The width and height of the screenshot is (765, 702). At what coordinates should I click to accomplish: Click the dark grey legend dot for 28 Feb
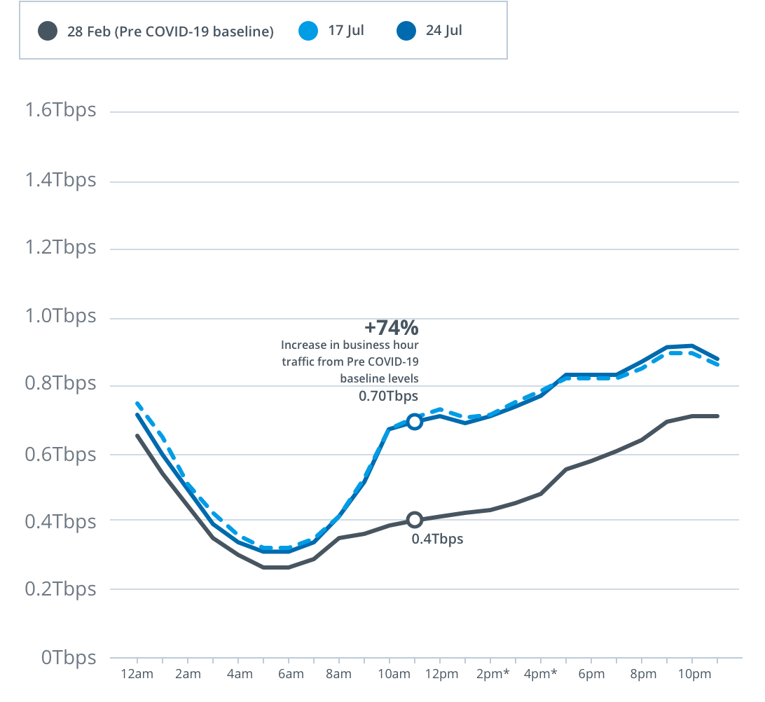[x=48, y=32]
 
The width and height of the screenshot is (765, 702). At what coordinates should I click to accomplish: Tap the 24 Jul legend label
[x=443, y=31]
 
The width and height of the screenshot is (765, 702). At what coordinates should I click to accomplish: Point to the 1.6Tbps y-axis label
[x=60, y=111]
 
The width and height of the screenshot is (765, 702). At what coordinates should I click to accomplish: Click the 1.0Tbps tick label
[x=60, y=316]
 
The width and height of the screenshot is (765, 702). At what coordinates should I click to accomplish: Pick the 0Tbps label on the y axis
[x=69, y=658]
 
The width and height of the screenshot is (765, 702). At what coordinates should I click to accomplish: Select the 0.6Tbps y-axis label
[x=60, y=454]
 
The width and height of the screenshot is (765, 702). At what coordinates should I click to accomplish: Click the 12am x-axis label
[x=137, y=675]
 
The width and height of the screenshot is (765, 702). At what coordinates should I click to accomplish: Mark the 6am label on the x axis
[x=289, y=675]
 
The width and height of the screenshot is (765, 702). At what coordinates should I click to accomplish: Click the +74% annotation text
[x=391, y=327]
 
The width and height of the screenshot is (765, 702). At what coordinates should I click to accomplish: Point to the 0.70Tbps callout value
[x=388, y=396]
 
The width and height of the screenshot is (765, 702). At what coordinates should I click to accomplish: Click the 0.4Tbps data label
[x=437, y=539]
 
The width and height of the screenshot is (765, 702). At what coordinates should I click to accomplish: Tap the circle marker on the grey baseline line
[x=415, y=520]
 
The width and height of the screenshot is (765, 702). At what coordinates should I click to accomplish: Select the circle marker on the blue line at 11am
[x=415, y=422]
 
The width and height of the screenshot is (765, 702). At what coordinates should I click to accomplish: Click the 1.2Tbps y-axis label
[x=60, y=248]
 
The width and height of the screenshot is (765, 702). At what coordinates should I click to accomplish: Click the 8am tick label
[x=339, y=675]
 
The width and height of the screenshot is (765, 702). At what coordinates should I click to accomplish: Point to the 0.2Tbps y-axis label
[x=60, y=589]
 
